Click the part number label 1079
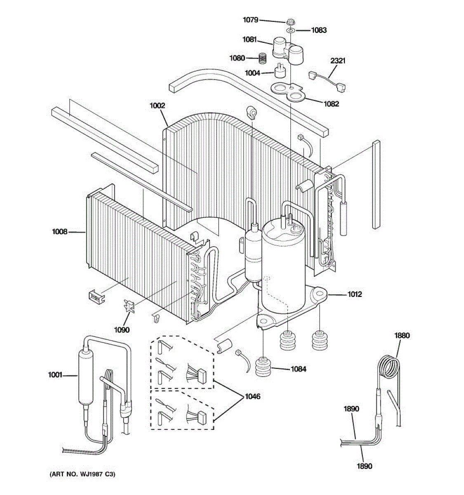click(250, 19)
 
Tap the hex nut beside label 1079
click(290, 21)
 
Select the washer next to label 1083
click(290, 30)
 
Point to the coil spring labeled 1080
click(261, 58)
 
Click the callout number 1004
click(252, 73)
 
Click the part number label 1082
click(331, 104)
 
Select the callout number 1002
click(157, 106)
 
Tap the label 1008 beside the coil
click(59, 232)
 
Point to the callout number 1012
click(354, 294)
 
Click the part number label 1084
click(298, 369)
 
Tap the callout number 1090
click(122, 330)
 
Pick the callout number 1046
click(252, 396)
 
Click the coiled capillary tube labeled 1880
click(389, 368)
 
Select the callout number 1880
click(402, 335)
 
